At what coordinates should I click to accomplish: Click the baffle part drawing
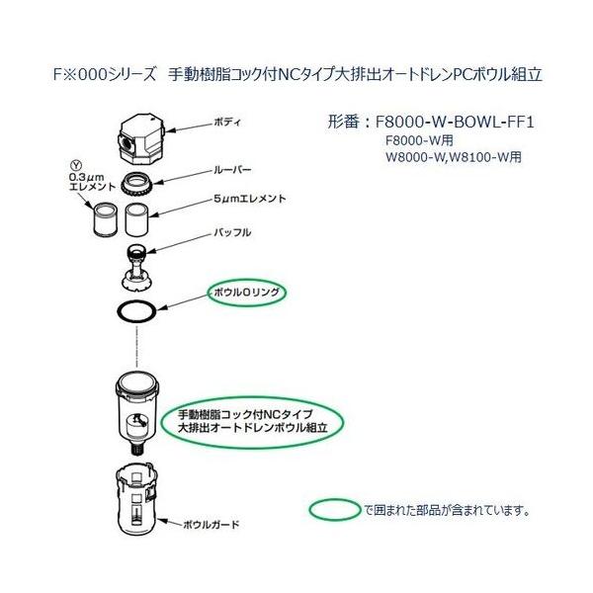point(137,263)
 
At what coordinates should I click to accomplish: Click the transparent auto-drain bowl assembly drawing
point(138,408)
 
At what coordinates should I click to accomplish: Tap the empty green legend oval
point(336,510)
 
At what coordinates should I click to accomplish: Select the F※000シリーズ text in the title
point(101,74)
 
